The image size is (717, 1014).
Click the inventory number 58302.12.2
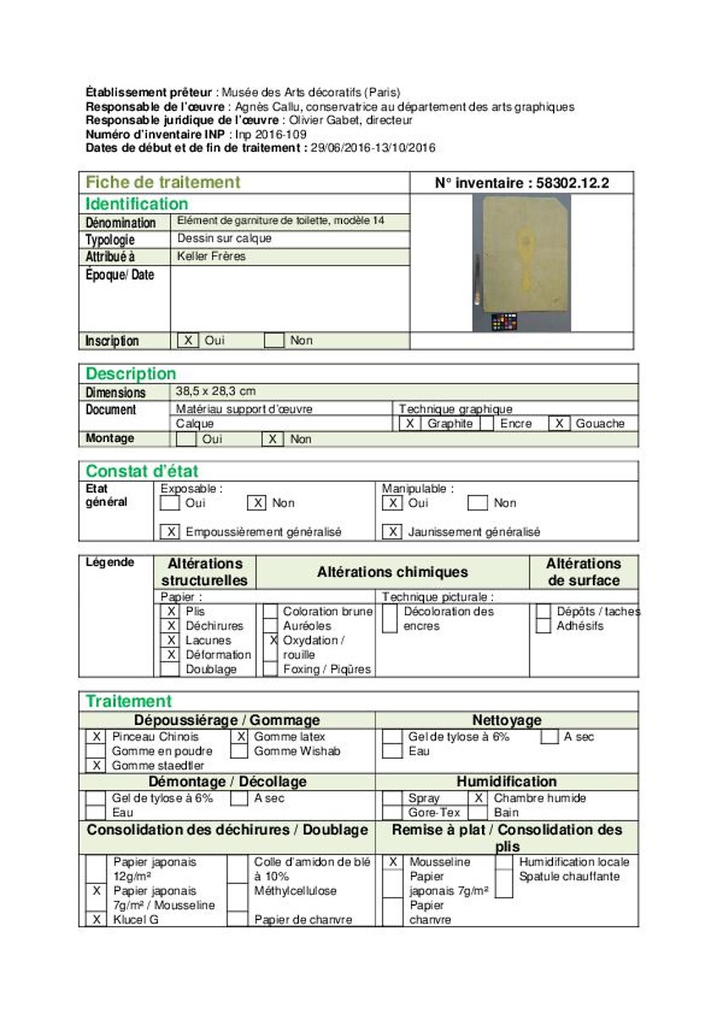[522, 183]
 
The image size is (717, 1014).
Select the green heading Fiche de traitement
[162, 183]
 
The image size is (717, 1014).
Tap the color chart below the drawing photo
[504, 322]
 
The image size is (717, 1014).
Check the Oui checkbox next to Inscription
[189, 341]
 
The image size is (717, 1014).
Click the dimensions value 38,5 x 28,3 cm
[216, 391]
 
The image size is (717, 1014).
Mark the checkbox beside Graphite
[409, 423]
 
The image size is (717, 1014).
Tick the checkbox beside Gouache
[559, 423]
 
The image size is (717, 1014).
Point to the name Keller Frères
[211, 256]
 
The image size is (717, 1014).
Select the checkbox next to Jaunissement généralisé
[391, 532]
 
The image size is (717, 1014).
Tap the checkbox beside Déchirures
[171, 626]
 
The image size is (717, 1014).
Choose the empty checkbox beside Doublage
[171, 669]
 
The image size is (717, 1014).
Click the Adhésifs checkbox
[544, 626]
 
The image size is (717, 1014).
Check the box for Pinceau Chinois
[96, 737]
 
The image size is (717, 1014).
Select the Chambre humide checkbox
[479, 798]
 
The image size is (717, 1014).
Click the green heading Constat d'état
[142, 471]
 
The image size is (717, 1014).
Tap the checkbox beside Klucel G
[96, 919]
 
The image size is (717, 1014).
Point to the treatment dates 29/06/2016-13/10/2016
[373, 148]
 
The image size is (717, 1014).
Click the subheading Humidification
[507, 782]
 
